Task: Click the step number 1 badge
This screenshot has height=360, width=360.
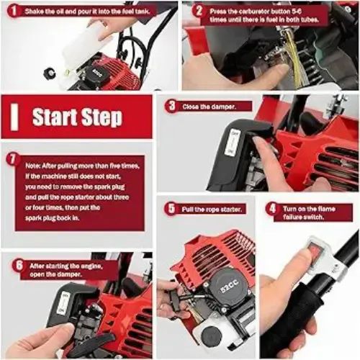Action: [x=14, y=11]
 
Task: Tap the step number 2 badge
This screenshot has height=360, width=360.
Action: [x=199, y=11]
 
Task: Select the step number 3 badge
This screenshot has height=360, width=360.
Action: [x=171, y=106]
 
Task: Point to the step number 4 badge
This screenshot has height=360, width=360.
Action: [x=272, y=209]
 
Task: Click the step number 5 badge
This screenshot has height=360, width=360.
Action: [x=171, y=208]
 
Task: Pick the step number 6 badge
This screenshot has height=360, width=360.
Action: [x=19, y=266]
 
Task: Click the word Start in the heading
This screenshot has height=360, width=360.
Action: [x=55, y=117]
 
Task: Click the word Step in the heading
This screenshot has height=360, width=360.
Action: [x=102, y=117]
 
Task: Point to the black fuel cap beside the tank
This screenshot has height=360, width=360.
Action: [x=50, y=73]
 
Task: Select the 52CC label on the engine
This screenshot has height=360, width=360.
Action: [x=229, y=287]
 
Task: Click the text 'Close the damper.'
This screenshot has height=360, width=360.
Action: [x=209, y=107]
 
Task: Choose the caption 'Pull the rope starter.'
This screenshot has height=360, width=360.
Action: [x=211, y=210]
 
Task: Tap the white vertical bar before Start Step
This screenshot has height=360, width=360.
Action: [x=14, y=117]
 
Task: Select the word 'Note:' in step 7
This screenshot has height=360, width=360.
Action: [x=33, y=166]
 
